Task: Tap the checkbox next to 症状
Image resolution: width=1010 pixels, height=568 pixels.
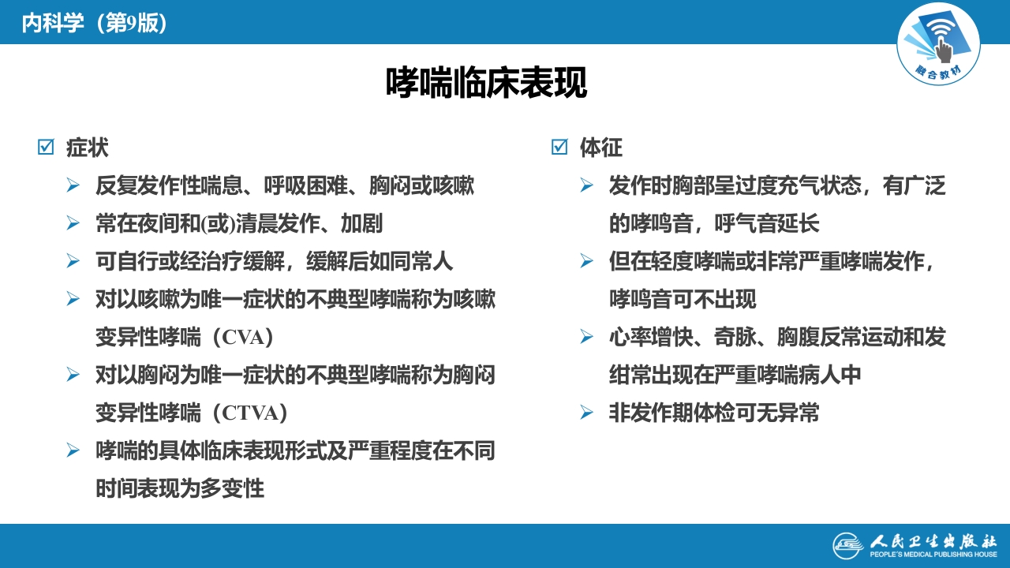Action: click(46, 148)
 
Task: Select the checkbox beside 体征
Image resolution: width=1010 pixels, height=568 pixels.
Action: click(559, 148)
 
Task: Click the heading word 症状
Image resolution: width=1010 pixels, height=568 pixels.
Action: click(88, 148)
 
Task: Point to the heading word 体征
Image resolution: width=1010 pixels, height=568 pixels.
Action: click(601, 148)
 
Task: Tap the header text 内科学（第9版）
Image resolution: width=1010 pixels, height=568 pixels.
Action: click(95, 23)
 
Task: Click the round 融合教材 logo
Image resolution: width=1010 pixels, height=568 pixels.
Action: click(938, 44)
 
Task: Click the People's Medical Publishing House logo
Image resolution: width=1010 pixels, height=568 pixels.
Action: click(915, 545)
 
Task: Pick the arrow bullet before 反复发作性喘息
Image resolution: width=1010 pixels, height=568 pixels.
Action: click(73, 186)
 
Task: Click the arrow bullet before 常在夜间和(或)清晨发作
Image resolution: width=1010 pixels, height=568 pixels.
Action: click(73, 224)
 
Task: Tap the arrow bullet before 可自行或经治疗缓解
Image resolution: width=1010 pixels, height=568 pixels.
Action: click(73, 261)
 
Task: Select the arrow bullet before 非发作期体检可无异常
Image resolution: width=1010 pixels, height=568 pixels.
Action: click(586, 413)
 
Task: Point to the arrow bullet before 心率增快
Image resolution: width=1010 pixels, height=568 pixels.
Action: click(586, 337)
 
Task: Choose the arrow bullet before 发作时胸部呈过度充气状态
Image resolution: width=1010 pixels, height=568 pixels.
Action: click(586, 186)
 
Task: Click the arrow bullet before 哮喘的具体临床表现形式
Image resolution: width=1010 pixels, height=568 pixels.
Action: click(73, 450)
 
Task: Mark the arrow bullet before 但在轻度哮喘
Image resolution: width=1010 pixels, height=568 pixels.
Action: click(586, 261)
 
